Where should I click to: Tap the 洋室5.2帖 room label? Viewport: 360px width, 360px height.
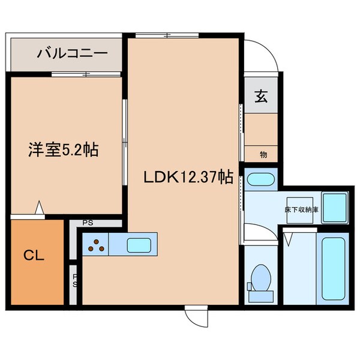coord(64,149)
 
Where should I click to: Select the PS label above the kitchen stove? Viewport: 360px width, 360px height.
coord(88,223)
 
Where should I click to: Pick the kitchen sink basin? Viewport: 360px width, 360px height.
coord(138,245)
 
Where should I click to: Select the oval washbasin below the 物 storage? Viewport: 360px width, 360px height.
coord(260,179)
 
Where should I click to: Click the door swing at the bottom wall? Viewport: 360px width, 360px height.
coord(195,316)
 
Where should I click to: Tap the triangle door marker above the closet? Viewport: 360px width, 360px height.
coord(40,208)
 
